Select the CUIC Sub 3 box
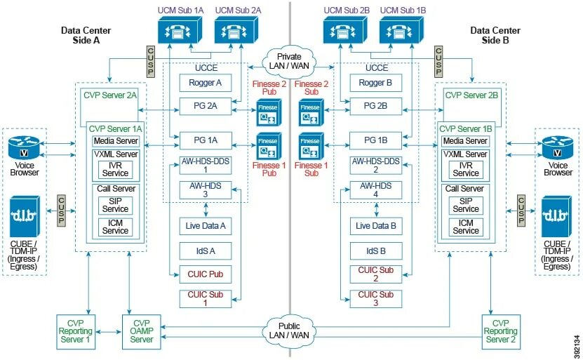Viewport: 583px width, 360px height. pos(375,298)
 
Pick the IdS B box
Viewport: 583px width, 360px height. pos(375,250)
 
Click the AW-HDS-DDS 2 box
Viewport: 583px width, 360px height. pos(375,165)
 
